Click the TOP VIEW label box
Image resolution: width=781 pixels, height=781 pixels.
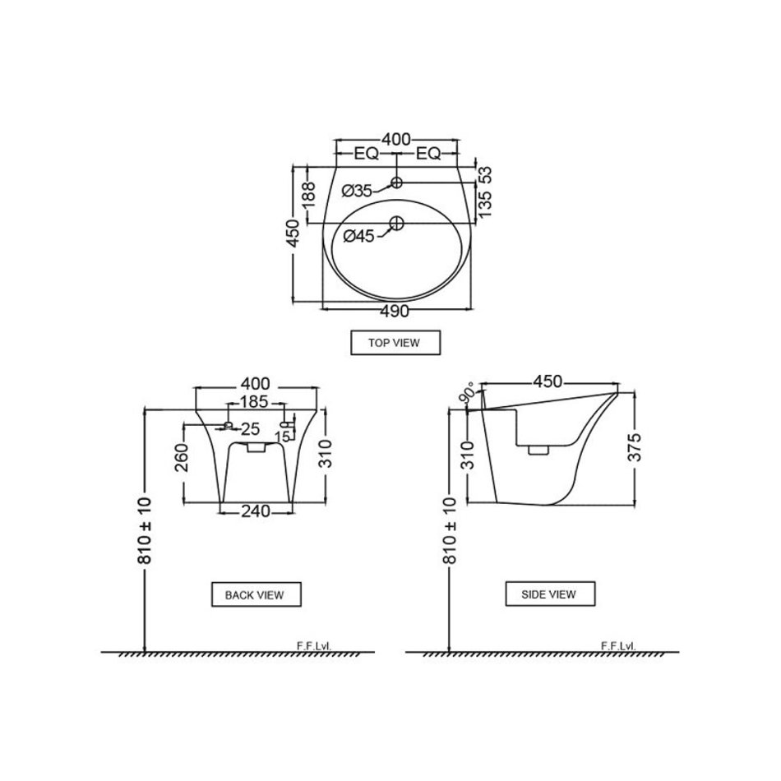395,343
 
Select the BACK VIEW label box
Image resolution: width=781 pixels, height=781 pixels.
256,594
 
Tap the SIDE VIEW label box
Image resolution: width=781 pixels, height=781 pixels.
550,594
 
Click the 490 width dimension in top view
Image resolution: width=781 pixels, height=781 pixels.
395,312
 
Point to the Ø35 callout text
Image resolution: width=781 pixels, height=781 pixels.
357,191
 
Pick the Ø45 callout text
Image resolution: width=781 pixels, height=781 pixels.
358,236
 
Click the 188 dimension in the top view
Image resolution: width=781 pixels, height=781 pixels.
308,195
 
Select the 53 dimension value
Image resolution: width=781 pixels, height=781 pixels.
485,175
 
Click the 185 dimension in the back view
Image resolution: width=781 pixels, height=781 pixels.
254,401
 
